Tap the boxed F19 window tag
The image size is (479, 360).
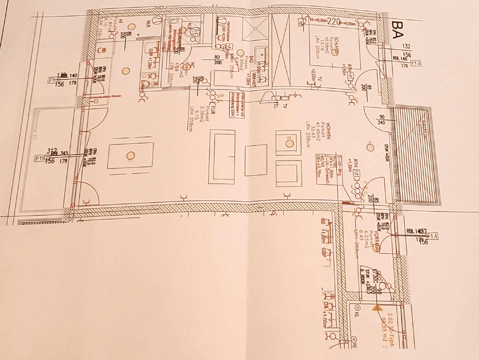tap(40, 158)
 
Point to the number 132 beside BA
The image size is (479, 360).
tap(406, 46)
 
